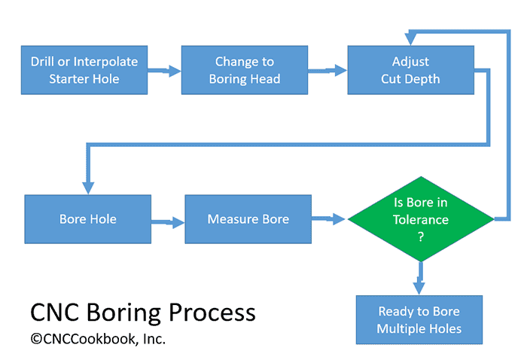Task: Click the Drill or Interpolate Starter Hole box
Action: click(84, 69)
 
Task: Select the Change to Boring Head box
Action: click(245, 69)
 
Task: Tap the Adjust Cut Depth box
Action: click(410, 69)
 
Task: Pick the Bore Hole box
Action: click(88, 219)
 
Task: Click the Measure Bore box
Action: click(248, 219)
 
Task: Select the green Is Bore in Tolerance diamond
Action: click(421, 219)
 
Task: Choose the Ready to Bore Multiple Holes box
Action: click(419, 320)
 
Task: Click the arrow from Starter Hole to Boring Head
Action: click(164, 71)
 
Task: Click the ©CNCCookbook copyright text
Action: click(98, 339)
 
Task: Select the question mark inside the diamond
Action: click(421, 236)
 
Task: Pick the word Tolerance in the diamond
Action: click(421, 220)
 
